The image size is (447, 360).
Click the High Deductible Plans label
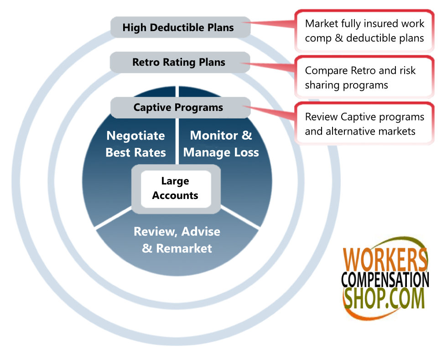tap(178, 27)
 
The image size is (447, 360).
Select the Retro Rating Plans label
tap(179, 62)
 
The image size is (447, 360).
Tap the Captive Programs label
tap(178, 108)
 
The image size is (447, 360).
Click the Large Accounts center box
tap(175, 188)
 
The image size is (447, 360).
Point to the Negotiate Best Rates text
tap(136, 144)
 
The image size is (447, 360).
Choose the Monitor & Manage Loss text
tap(221, 144)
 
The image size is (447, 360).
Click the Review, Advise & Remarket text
tap(177, 240)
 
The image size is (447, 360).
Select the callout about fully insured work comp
tap(364, 31)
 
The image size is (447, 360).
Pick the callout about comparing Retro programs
tap(364, 78)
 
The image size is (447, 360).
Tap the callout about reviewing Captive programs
tap(364, 124)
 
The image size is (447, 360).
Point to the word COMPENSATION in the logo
tap(385, 280)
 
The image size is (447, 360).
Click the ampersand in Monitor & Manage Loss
tap(247, 136)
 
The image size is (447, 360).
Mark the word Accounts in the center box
tap(175, 195)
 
